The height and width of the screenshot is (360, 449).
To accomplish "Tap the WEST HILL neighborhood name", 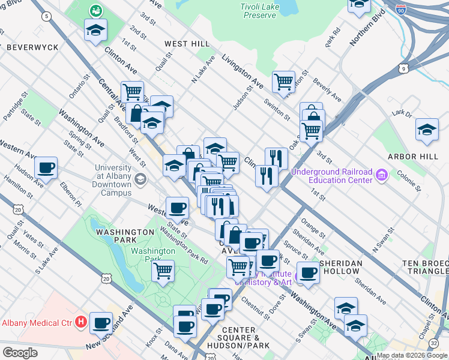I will (187, 44).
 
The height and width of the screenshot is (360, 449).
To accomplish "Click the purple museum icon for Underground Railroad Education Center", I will (382, 175).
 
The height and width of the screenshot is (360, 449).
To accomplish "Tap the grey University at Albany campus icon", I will (140, 179).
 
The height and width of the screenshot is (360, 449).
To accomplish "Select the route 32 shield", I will (433, 343).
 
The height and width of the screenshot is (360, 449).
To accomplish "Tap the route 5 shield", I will (46, 16).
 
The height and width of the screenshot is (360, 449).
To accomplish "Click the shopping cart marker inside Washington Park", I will (163, 271).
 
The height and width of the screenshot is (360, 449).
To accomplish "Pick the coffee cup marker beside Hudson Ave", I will (46, 168).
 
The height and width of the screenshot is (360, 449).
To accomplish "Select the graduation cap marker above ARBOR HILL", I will (427, 130).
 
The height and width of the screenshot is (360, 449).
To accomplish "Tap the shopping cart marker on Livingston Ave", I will (283, 81).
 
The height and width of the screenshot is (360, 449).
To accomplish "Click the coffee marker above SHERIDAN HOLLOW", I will (309, 272).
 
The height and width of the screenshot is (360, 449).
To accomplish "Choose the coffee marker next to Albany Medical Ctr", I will (101, 323).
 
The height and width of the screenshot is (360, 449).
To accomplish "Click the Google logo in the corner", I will (19, 353).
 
